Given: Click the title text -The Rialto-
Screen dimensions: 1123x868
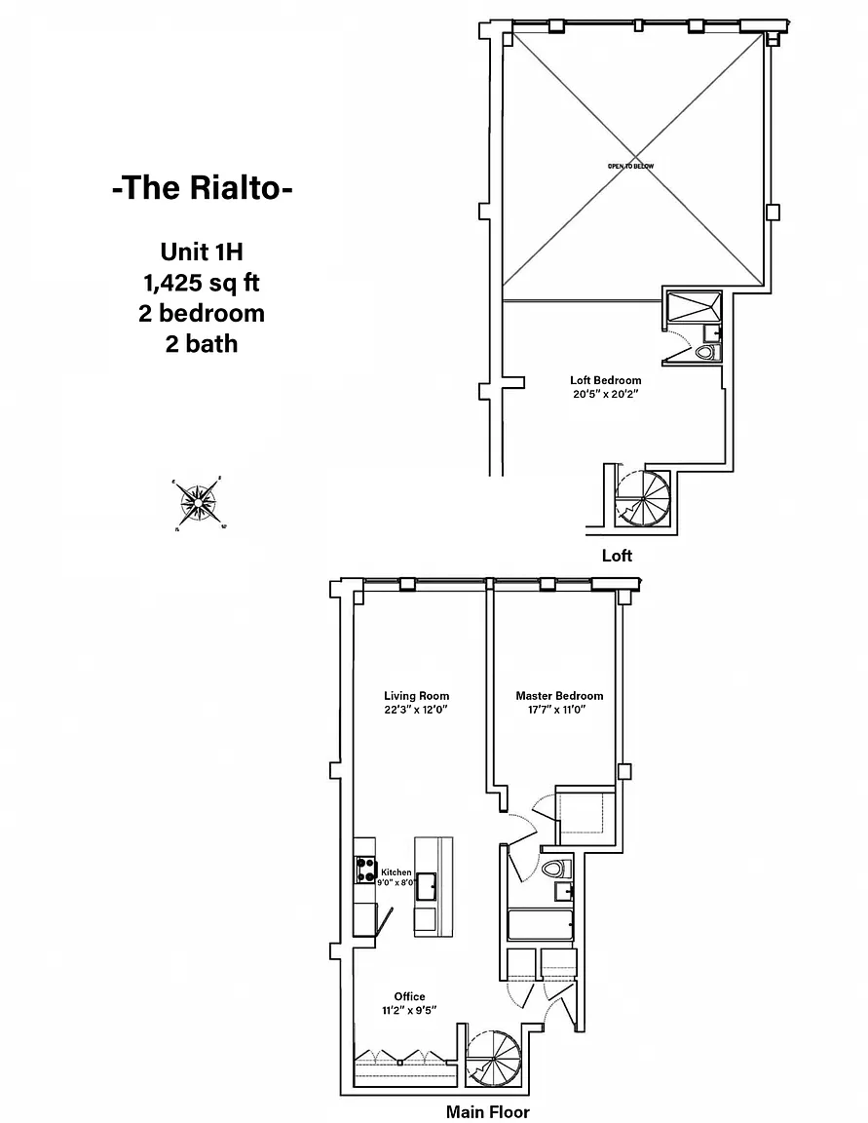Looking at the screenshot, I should click(x=202, y=188).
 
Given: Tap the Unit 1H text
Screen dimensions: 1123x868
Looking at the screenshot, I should click(x=202, y=252).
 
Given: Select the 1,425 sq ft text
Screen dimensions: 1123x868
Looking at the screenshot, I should click(x=202, y=283).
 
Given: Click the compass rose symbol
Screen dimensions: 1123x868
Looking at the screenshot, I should click(x=199, y=504).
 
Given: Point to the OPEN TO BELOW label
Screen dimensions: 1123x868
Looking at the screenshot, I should click(x=631, y=167).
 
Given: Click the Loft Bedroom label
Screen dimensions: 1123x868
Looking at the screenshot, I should click(x=605, y=380).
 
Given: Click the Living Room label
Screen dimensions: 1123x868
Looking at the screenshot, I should click(x=416, y=696).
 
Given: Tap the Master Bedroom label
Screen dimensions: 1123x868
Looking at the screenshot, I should click(x=559, y=696).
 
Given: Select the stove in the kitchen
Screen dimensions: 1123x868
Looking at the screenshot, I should click(x=366, y=869).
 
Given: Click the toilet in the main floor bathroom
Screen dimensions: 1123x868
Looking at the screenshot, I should click(x=553, y=868).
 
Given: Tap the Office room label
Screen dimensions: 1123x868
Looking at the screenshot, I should click(x=409, y=996).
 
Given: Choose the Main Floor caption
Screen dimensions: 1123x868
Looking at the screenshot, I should click(x=488, y=1111).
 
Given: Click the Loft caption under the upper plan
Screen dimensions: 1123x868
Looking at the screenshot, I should click(x=617, y=556).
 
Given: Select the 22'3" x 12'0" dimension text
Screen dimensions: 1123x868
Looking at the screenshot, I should click(x=416, y=710).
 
